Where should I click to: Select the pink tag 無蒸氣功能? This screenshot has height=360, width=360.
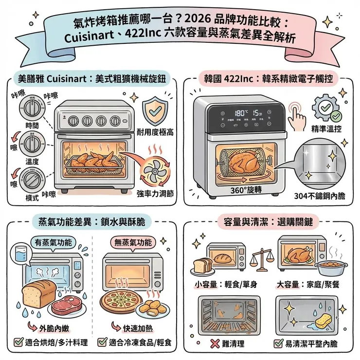click(x=133, y=242)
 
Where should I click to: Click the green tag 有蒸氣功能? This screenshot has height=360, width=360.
click(x=52, y=242)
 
